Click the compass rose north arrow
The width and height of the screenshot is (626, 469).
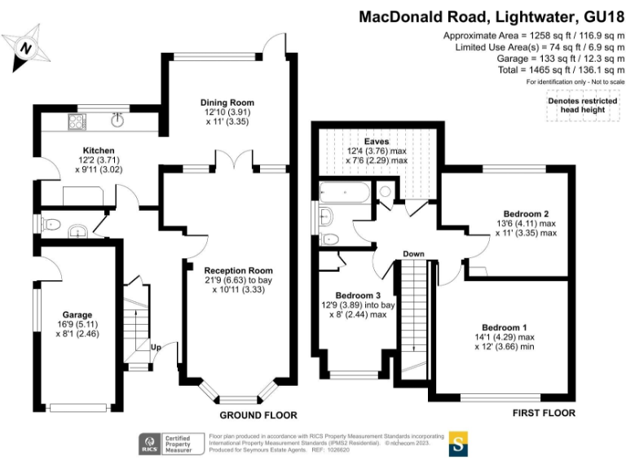(x=26, y=48)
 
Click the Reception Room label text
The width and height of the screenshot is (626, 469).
(x=238, y=270)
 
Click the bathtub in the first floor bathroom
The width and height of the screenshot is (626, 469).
(x=345, y=191)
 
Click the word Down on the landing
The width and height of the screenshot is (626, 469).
(x=413, y=254)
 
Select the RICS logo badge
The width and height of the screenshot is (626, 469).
(x=150, y=444)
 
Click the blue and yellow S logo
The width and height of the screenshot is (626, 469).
(x=459, y=445)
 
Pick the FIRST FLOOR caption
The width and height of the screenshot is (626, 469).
(x=544, y=414)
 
